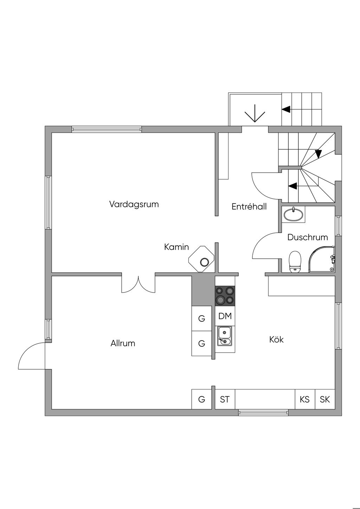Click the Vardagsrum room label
click(134, 204)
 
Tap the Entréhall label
click(249, 206)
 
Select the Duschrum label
click(308, 237)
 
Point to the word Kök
click(276, 340)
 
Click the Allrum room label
click(123, 343)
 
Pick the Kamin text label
click(176, 247)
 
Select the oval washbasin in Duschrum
click(294, 215)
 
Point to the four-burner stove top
click(225, 295)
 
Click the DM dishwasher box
click(225, 316)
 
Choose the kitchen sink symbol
click(225, 336)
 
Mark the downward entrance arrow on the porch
click(255, 113)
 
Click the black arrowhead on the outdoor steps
click(286, 109)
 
